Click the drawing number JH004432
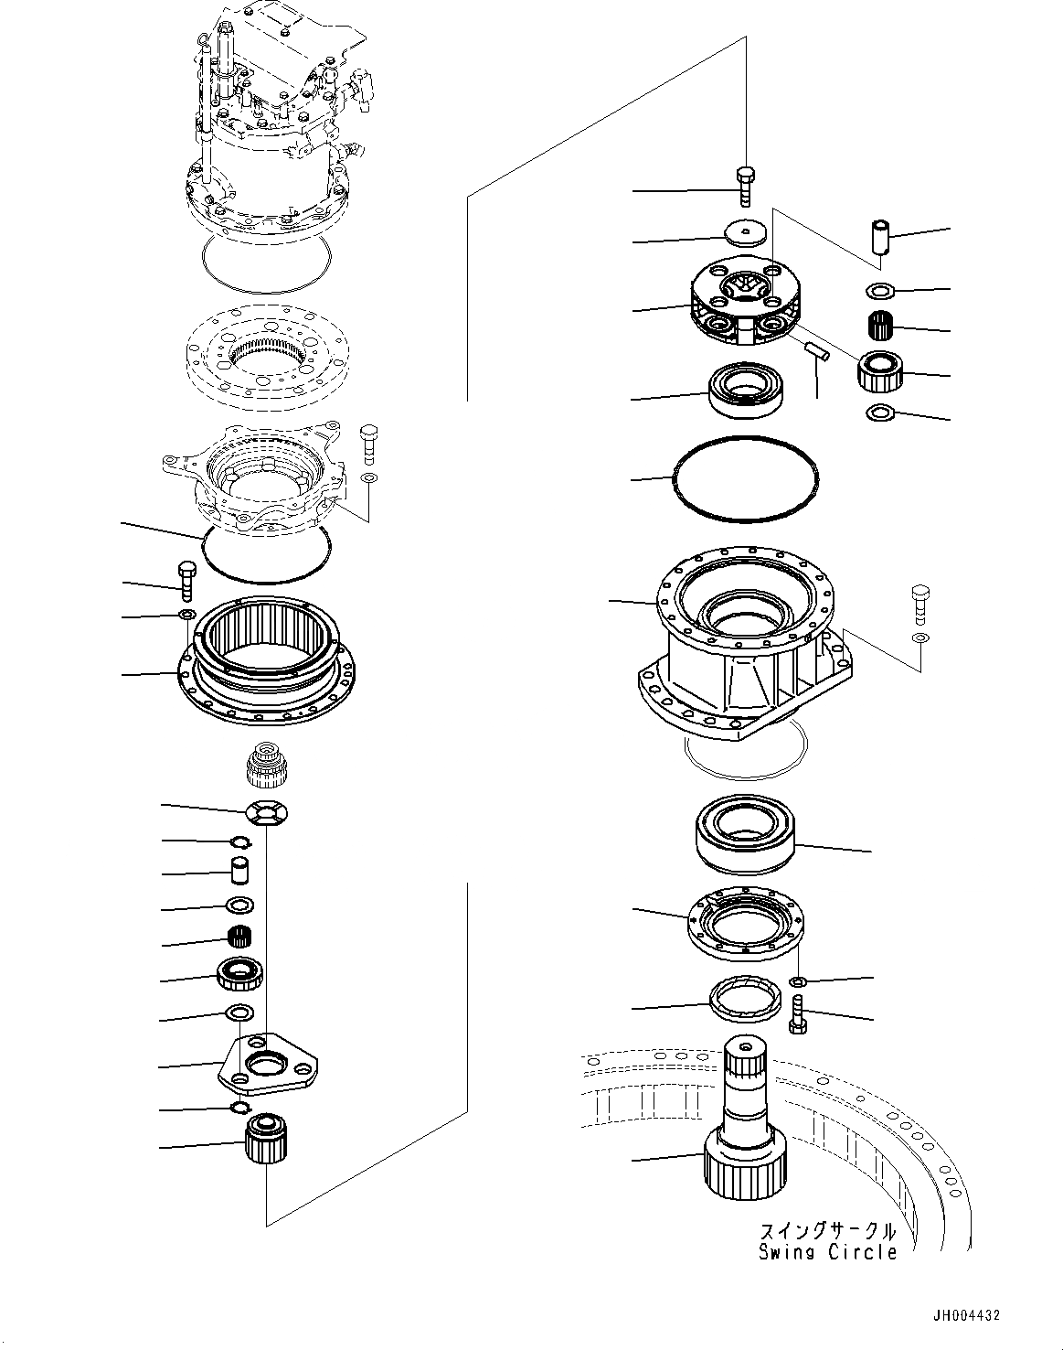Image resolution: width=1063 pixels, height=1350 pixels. click(966, 1315)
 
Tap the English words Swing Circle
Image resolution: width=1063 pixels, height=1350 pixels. click(827, 1252)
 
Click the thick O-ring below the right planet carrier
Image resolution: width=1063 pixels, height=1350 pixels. click(745, 477)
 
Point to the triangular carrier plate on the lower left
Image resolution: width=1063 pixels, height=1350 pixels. click(267, 1062)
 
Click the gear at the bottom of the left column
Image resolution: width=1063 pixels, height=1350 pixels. click(265, 1139)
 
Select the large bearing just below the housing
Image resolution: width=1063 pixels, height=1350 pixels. click(745, 834)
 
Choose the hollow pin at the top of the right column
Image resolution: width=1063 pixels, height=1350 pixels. click(879, 241)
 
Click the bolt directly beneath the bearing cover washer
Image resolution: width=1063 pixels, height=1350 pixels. click(796, 1016)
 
